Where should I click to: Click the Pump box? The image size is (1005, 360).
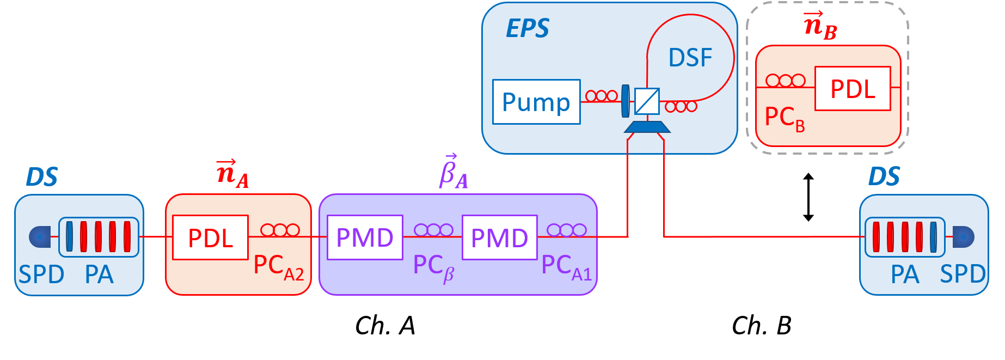tap(536, 102)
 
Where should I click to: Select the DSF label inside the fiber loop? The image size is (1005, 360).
tap(690, 58)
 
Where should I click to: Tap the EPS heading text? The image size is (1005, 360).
tap(527, 28)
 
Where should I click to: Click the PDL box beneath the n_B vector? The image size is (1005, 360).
tap(852, 89)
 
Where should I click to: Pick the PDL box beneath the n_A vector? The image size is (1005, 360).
tap(210, 237)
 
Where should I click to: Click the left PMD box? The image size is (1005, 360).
tap(365, 237)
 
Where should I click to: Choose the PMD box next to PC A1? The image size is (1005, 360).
tap(499, 237)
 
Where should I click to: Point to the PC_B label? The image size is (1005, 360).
tap(784, 118)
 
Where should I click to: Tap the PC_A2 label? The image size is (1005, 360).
tap(278, 267)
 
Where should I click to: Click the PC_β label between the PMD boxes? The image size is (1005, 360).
tap(433, 267)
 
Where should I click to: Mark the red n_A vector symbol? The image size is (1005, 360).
tap(232, 173)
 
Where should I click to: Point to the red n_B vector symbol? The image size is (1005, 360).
tap(820, 26)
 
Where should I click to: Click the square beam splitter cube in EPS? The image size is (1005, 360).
tap(647, 101)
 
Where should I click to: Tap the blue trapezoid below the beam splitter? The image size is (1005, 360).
tap(647, 127)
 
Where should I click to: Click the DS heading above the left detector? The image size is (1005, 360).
tap(41, 177)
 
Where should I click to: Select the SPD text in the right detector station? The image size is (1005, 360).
tap(962, 274)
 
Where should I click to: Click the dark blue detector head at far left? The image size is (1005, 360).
tap(40, 237)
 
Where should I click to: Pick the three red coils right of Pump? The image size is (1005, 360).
tap(601, 96)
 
